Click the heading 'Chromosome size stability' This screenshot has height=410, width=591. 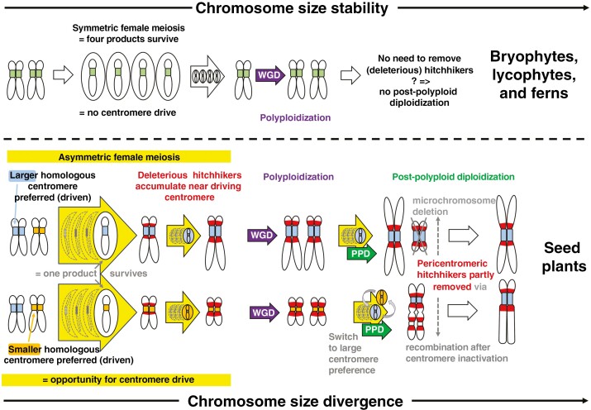click(292, 8)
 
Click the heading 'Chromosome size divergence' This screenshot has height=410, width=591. click(295, 401)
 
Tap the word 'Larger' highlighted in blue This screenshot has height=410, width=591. click(23, 175)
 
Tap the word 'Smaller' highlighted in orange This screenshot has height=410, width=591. click(25, 350)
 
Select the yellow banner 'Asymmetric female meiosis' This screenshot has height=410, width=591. click(119, 157)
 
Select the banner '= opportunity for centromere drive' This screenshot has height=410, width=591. click(116, 379)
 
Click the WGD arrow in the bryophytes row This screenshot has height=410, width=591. click(269, 75)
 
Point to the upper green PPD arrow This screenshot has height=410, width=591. click(361, 254)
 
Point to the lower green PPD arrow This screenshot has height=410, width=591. click(377, 330)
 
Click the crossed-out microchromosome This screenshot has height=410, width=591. click(419, 236)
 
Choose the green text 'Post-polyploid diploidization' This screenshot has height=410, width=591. click(453, 177)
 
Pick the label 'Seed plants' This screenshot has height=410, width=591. click(564, 257)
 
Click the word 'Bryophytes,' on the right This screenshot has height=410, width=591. click(534, 56)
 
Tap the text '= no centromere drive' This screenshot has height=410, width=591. click(128, 112)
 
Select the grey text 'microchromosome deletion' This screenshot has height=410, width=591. click(454, 206)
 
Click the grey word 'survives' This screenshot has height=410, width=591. click(128, 274)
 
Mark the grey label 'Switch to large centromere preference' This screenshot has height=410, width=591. click(352, 354)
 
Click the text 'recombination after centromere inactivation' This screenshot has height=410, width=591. click(457, 352)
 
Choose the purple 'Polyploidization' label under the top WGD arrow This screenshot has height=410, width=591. click(295, 117)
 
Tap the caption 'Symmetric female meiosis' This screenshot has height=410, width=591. click(128, 28)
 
